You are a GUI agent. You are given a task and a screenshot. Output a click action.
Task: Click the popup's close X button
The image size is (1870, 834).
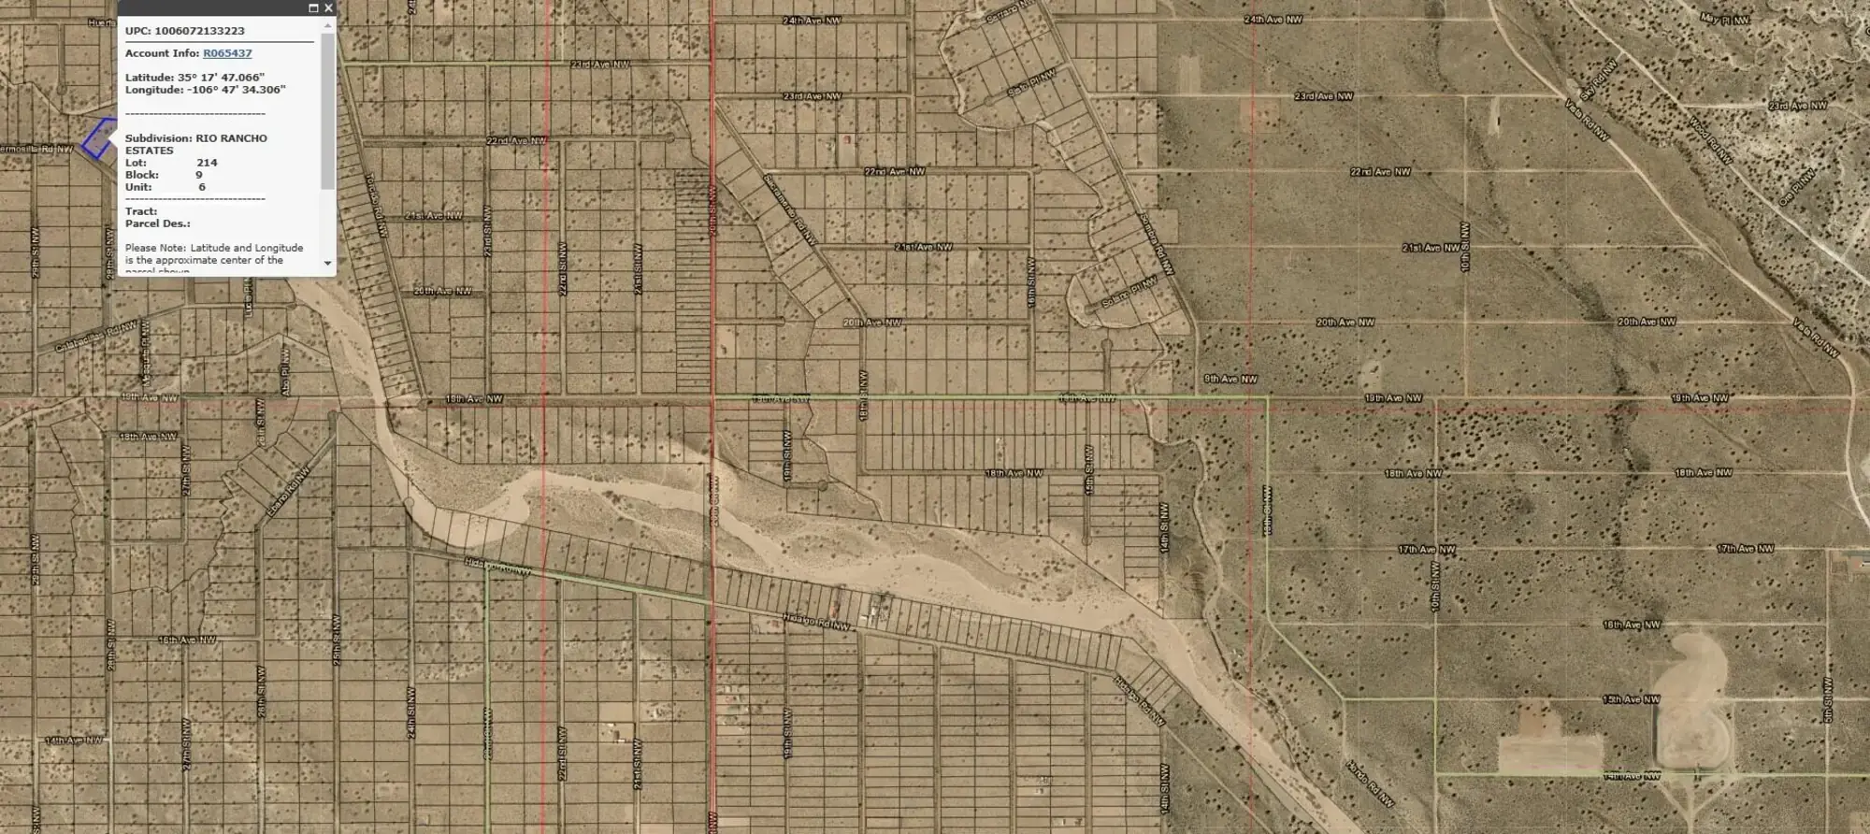328,7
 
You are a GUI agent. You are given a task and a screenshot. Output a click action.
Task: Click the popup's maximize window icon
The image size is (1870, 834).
313,7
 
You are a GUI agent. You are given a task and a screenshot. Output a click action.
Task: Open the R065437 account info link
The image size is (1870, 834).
227,53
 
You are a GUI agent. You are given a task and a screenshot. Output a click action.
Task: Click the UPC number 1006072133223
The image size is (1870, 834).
199,31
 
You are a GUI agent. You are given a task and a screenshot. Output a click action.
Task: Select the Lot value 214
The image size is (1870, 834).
207,163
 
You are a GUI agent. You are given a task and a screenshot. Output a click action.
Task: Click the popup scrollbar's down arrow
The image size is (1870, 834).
327,264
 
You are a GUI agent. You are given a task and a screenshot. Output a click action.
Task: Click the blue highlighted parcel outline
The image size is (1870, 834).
97,138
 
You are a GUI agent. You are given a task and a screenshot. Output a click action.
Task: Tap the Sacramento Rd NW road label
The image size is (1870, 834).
790,209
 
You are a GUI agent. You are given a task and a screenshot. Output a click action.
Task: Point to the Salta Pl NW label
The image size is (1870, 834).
1031,80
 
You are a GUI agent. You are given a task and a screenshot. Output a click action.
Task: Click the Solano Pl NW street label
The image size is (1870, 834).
1129,293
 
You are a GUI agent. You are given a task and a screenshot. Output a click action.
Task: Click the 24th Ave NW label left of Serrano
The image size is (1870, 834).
812,20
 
